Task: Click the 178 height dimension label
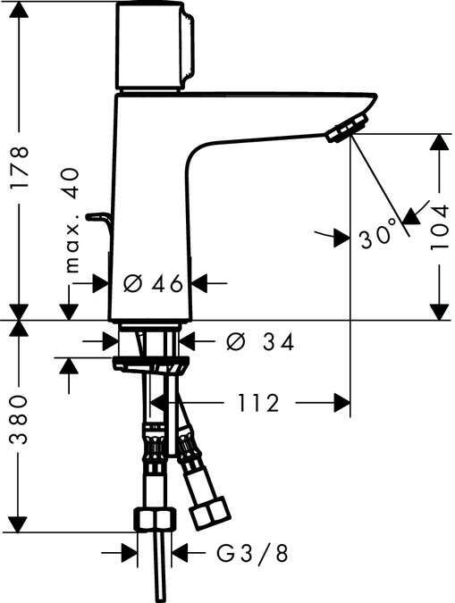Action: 20,167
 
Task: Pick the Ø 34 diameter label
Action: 260,341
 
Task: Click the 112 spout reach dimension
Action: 260,403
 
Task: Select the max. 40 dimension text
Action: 72,219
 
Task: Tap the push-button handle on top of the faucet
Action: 154,45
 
